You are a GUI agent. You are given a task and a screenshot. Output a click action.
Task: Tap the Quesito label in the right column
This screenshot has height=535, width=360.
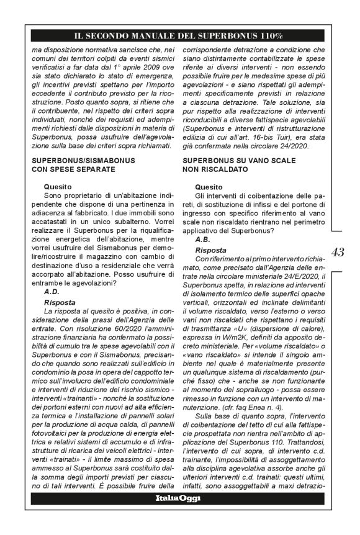[208, 186]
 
